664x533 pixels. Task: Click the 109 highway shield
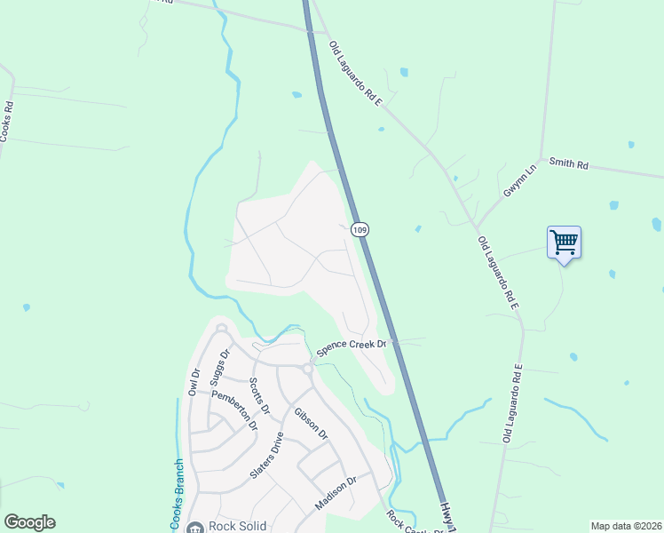click(x=359, y=229)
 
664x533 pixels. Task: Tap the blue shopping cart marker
click(x=565, y=241)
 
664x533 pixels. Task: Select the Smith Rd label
click(x=569, y=163)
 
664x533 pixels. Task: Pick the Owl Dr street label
click(x=194, y=381)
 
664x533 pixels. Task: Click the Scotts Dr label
click(x=259, y=395)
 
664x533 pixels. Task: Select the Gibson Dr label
click(x=311, y=424)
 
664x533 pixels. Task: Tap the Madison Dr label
click(x=336, y=493)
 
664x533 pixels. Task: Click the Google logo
click(x=29, y=522)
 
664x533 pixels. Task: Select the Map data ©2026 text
click(x=625, y=526)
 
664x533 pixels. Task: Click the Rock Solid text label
click(x=237, y=526)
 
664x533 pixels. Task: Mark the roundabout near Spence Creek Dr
click(x=307, y=369)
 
